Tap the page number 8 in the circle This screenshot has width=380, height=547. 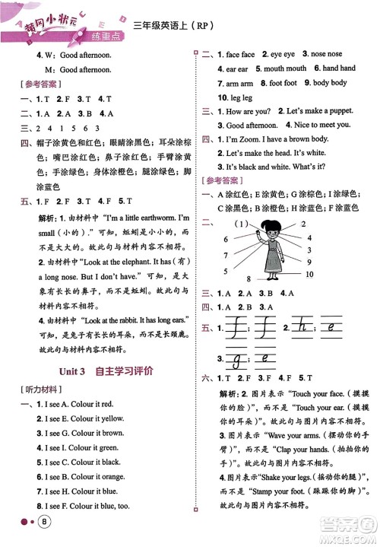click(x=46, y=521)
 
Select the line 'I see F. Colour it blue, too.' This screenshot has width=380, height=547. click(x=89, y=505)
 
